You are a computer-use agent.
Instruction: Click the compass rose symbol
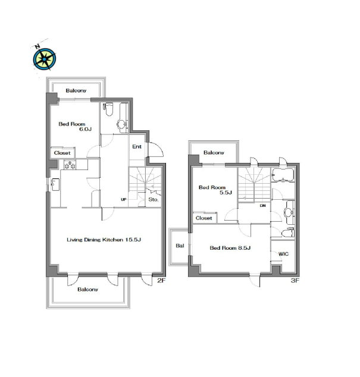pos(45,59)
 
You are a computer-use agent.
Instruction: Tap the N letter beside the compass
pos(37,46)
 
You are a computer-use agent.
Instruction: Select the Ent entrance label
pos(137,146)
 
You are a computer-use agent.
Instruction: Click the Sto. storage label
pos(154,199)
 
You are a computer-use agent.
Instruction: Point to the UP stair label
pos(123,199)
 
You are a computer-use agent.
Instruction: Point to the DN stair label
pos(263,206)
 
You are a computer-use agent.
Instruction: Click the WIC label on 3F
pos(283,254)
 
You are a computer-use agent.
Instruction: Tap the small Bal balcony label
pos(180,246)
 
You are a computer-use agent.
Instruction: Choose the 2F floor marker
pos(161,280)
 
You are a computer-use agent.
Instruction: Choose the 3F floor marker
pos(295,280)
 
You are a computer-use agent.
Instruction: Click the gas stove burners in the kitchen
pos(70,165)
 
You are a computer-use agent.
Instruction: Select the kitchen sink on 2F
pos(55,184)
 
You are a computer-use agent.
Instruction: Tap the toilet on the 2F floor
pos(108,109)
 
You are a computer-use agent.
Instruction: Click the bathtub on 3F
pos(283,175)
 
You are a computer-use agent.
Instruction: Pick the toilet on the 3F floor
pos(287,233)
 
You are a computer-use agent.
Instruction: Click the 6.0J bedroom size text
pos(86,129)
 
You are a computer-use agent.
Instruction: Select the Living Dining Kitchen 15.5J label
pos(104,240)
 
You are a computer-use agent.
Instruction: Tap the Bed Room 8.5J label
pos(230,247)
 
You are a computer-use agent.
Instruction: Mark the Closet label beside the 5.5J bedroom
pos(204,218)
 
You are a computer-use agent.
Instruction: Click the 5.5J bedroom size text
pos(226,192)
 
